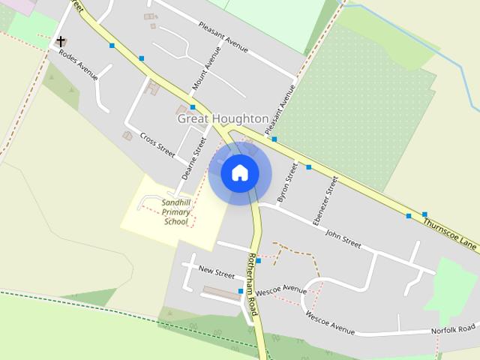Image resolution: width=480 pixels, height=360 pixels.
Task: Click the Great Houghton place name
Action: point(223,118)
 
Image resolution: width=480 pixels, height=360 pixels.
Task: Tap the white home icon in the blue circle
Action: point(240,173)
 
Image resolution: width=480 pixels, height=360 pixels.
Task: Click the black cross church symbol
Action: point(61,41)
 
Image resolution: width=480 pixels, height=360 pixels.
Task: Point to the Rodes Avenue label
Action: point(79,65)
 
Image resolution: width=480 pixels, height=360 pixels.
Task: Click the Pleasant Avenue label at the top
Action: point(223,37)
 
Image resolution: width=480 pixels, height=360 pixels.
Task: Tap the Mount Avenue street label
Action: point(206,68)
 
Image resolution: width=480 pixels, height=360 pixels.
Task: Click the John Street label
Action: point(343,238)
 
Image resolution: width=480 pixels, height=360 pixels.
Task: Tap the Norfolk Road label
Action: point(453,329)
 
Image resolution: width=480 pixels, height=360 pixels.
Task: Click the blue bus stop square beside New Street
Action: point(258,262)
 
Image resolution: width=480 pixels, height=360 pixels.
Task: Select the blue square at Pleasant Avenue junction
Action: point(274,139)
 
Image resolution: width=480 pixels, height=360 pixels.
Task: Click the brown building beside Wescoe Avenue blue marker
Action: point(222,293)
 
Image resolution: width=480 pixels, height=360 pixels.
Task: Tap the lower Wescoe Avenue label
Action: point(330,322)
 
